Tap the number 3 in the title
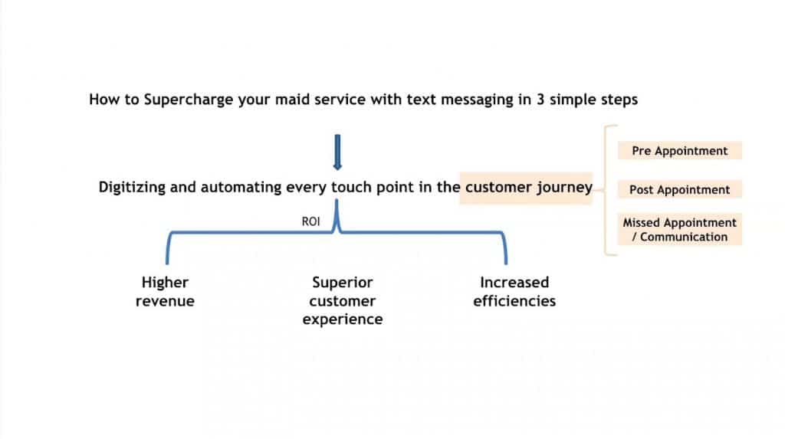(540, 99)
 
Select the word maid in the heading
(287, 99)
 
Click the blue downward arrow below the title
(337, 152)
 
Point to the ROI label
(310, 221)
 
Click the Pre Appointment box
(679, 151)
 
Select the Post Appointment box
(679, 190)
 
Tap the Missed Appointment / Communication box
(679, 229)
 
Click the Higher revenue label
(165, 291)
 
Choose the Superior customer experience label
(343, 300)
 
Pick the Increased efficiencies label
(514, 291)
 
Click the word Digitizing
(132, 187)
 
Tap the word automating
(241, 187)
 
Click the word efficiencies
(514, 301)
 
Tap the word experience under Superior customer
(343, 319)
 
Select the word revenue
(165, 301)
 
